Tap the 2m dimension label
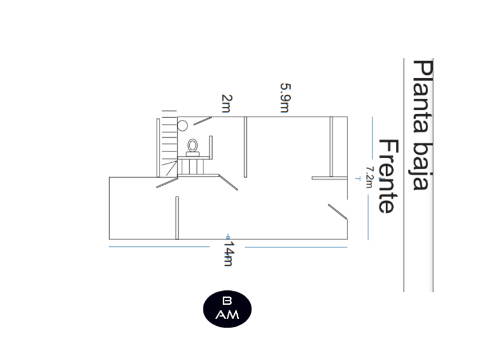pos(226,103)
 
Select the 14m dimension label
pos(228,253)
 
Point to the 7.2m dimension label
pos(369,177)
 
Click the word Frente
pos(387,176)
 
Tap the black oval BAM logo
pos(227,309)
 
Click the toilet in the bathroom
pos(193,147)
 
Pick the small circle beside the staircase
pos(183,126)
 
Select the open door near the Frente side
pos(337,211)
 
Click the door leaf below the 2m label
pos(203,121)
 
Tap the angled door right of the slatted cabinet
pos(229,182)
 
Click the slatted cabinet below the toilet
pos(192,166)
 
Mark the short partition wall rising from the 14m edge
pos(177,218)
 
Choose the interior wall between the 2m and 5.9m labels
pos(245,147)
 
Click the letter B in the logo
pos(227,301)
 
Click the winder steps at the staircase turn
pos(169,168)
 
